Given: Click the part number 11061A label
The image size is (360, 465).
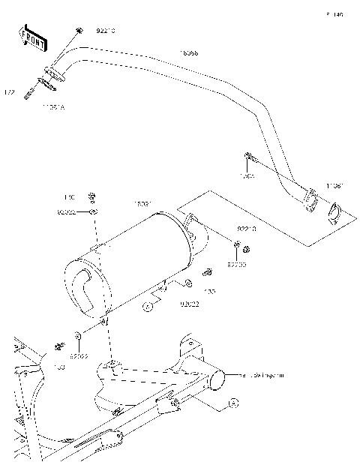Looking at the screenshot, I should click(53, 107).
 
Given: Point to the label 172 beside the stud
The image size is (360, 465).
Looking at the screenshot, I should click(10, 92).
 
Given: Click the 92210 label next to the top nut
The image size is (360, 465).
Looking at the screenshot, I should click(106, 32).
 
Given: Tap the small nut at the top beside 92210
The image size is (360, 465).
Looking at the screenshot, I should click(78, 31).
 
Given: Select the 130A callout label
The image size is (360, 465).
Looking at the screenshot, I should click(247, 177).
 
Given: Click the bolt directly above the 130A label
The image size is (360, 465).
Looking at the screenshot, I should click(249, 157).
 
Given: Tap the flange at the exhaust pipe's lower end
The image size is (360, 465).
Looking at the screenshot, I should click(310, 202).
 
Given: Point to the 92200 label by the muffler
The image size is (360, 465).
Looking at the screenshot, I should click(237, 264).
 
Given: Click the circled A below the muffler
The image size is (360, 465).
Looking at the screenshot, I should click(148, 306).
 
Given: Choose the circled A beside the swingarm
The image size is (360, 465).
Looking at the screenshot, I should click(232, 403).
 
